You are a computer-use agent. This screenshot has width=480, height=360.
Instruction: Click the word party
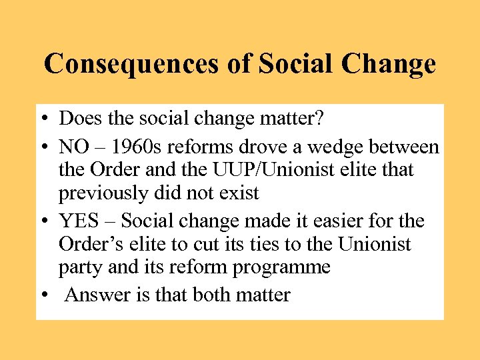[79, 267]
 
